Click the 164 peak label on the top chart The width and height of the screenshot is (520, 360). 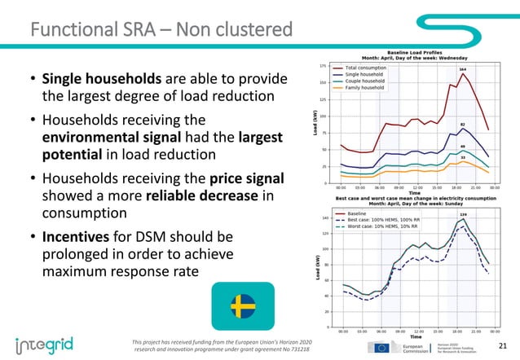click(462, 70)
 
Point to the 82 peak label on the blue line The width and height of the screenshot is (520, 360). click(462, 125)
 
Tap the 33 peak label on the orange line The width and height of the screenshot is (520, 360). click(462, 156)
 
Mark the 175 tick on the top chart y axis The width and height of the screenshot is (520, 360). click(324, 66)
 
